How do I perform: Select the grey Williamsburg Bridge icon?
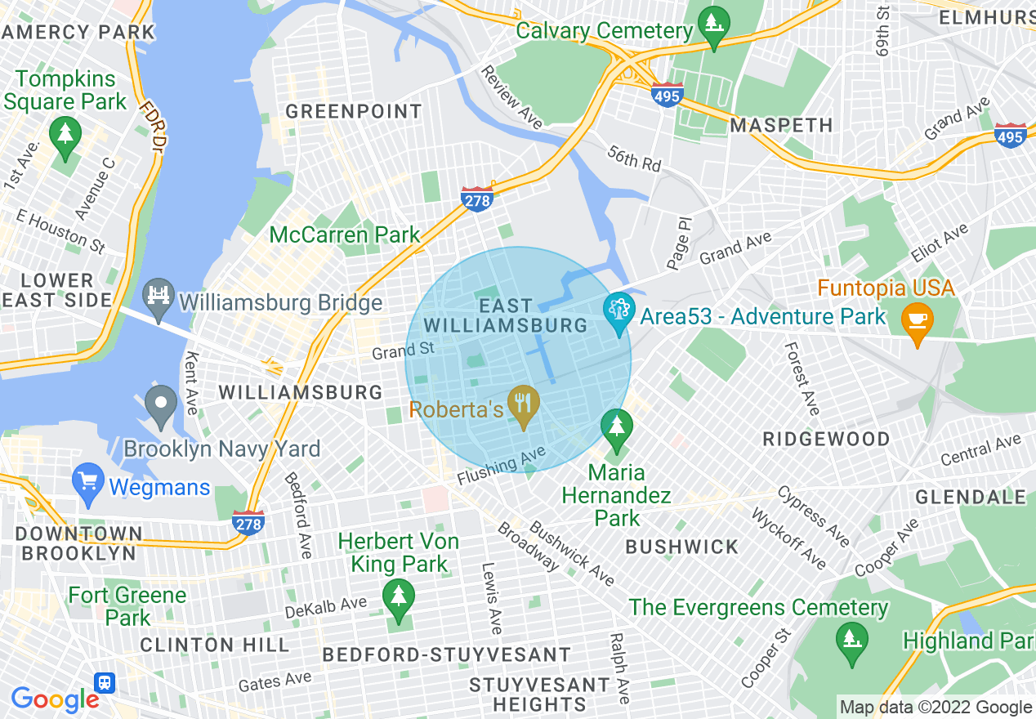point(159,298)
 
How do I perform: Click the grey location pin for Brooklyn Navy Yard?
point(161,405)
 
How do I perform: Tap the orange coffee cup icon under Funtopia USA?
point(917,323)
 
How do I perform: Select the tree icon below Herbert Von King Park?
point(399,600)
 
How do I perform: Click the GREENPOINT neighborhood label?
point(354,111)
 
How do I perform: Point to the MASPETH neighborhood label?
point(781,125)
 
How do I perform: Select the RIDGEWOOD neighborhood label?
point(826,439)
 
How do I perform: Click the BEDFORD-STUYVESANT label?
point(446,654)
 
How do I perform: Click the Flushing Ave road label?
point(501,469)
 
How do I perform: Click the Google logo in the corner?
point(54,699)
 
